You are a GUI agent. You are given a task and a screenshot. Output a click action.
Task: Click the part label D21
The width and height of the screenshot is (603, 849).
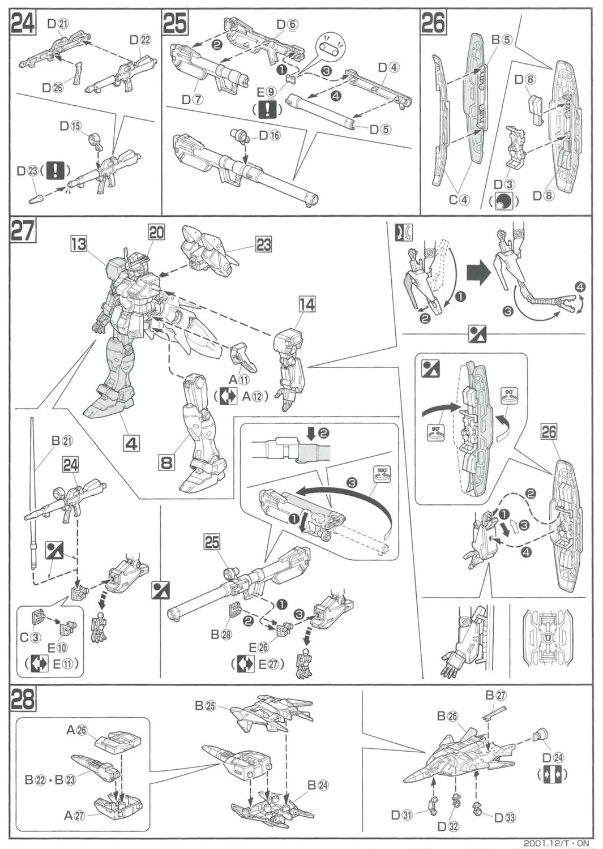click(58, 24)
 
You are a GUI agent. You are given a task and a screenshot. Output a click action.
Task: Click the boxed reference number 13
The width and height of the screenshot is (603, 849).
click(79, 244)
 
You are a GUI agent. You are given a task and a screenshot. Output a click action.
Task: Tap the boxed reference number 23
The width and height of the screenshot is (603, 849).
click(264, 245)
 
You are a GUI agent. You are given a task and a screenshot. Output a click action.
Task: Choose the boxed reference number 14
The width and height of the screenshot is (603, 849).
click(307, 305)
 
